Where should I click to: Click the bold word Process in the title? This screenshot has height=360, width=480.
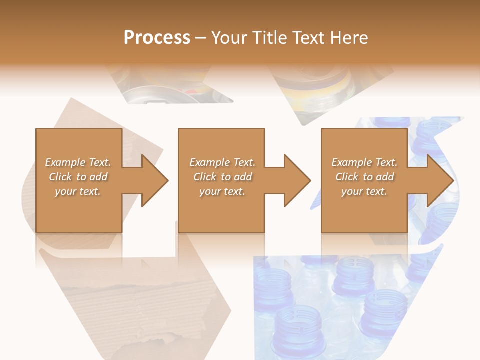coord(157,37)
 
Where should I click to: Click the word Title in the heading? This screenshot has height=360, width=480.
coord(268,37)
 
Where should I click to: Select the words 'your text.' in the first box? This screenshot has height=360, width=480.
coord(78,191)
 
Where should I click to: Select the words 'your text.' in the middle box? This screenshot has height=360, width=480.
coord(222,191)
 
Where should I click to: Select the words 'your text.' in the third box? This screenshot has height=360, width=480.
coord(364,191)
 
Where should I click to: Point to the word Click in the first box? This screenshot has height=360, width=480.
coord(60,177)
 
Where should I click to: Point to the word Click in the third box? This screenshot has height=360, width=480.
coord(347,177)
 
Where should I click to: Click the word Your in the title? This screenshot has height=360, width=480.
coord(229,37)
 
